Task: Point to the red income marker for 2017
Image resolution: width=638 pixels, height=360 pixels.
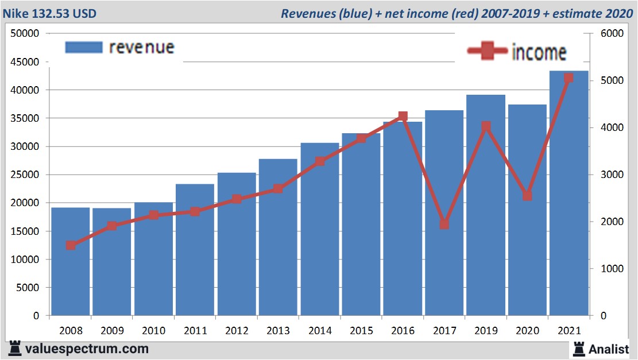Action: pos(444,224)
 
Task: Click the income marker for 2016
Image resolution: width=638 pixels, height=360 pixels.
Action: pos(403,117)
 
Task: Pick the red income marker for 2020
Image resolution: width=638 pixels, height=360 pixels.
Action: pos(527,196)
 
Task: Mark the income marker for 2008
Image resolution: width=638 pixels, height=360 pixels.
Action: pos(71,245)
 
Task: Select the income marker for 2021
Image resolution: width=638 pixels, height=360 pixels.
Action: pos(569,78)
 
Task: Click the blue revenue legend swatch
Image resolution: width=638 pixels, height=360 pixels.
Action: pos(83,47)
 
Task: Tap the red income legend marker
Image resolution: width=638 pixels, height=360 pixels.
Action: pos(487,51)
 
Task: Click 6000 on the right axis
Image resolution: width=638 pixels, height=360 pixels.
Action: pos(612,33)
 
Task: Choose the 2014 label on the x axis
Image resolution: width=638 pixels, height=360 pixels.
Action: pos(319,331)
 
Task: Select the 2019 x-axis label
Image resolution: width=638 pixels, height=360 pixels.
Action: pos(485,331)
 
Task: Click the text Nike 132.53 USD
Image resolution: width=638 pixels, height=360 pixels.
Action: pos(50,13)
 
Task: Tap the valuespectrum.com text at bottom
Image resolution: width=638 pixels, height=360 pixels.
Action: pos(87,349)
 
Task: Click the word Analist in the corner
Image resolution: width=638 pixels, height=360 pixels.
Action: pos(609,348)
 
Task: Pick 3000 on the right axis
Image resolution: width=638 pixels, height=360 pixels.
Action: pos(612,175)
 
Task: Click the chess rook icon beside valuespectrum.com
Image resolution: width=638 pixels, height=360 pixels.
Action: pos(15,349)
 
